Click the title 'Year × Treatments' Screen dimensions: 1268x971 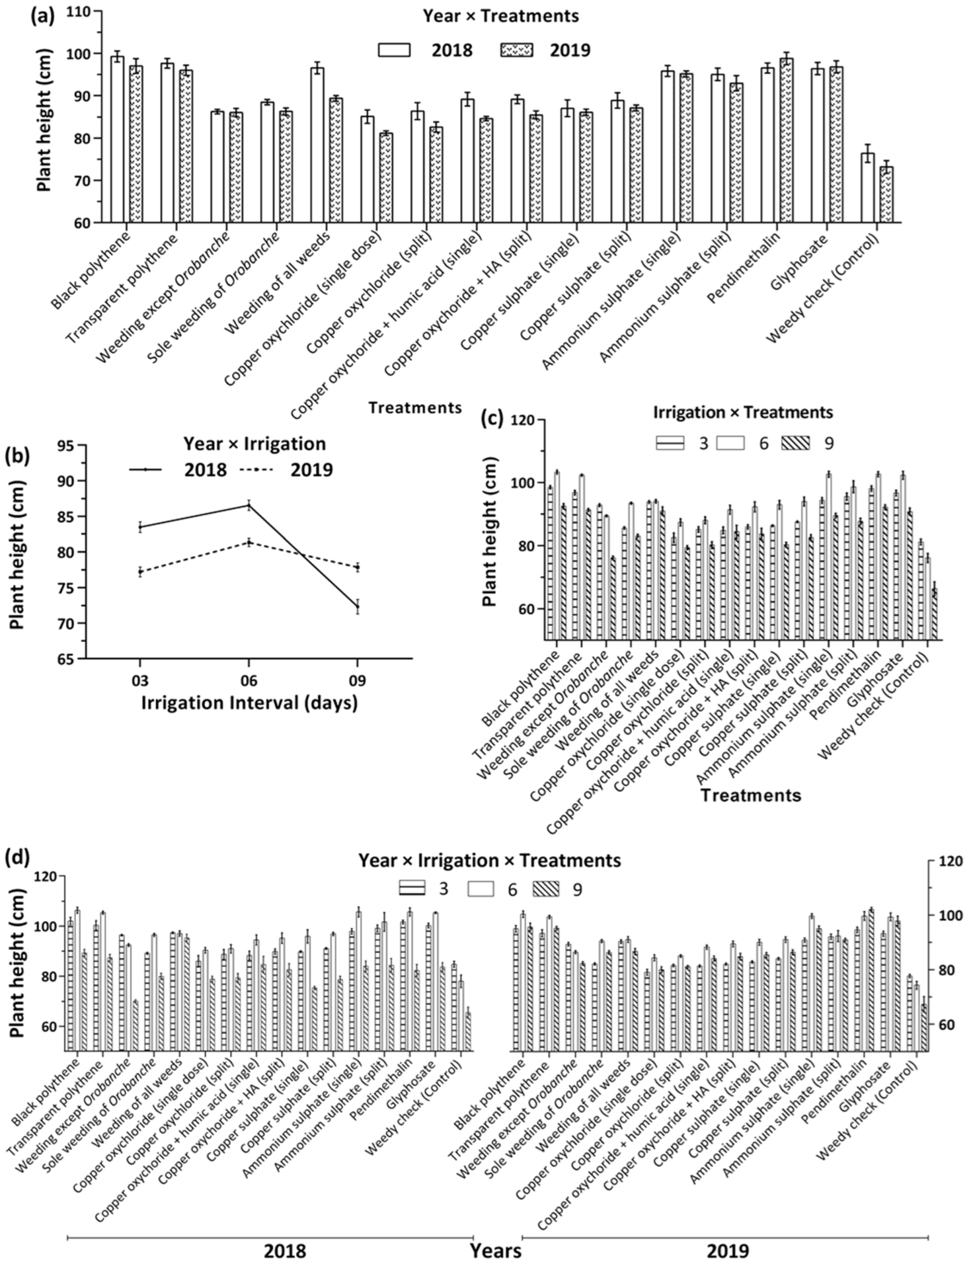tap(501, 16)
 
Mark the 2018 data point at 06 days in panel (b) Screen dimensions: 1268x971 tap(249, 506)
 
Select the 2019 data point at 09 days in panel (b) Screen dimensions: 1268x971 tap(358, 567)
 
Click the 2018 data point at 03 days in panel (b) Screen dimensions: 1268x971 tap(140, 527)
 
